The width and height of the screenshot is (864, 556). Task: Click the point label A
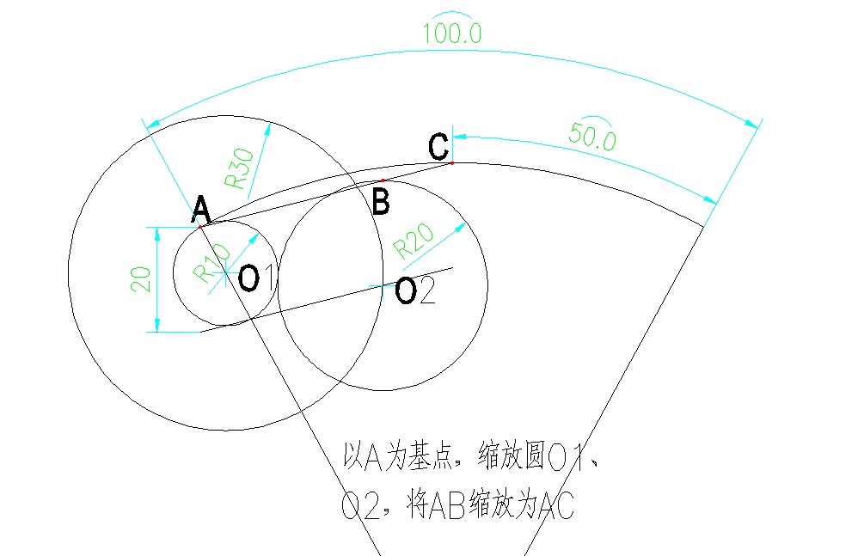pos(202,209)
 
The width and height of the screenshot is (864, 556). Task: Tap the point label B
pos(381,201)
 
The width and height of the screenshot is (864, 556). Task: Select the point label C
pos(438,147)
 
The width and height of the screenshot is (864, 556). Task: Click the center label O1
pos(256,278)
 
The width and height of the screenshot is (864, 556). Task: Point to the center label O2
pos(415,290)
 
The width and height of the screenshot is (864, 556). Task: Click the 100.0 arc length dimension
pos(452,33)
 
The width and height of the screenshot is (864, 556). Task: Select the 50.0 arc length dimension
pos(592,136)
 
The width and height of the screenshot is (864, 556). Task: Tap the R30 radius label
pos(240,168)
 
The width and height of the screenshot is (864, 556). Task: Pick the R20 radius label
pos(414,241)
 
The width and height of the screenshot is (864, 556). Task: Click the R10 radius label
pos(211,264)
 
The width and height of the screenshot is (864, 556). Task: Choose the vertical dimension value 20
pos(140,278)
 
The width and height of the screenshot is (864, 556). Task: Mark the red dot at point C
pos(452,163)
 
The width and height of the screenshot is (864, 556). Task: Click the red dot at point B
pos(383,180)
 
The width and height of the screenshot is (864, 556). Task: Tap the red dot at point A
pos(200,227)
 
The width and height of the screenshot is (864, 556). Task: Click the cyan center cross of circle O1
pos(225,272)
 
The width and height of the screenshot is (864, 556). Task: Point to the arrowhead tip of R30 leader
pos(270,124)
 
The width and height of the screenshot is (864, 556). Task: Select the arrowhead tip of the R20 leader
pos(466,223)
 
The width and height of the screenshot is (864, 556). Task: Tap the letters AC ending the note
pos(556,504)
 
